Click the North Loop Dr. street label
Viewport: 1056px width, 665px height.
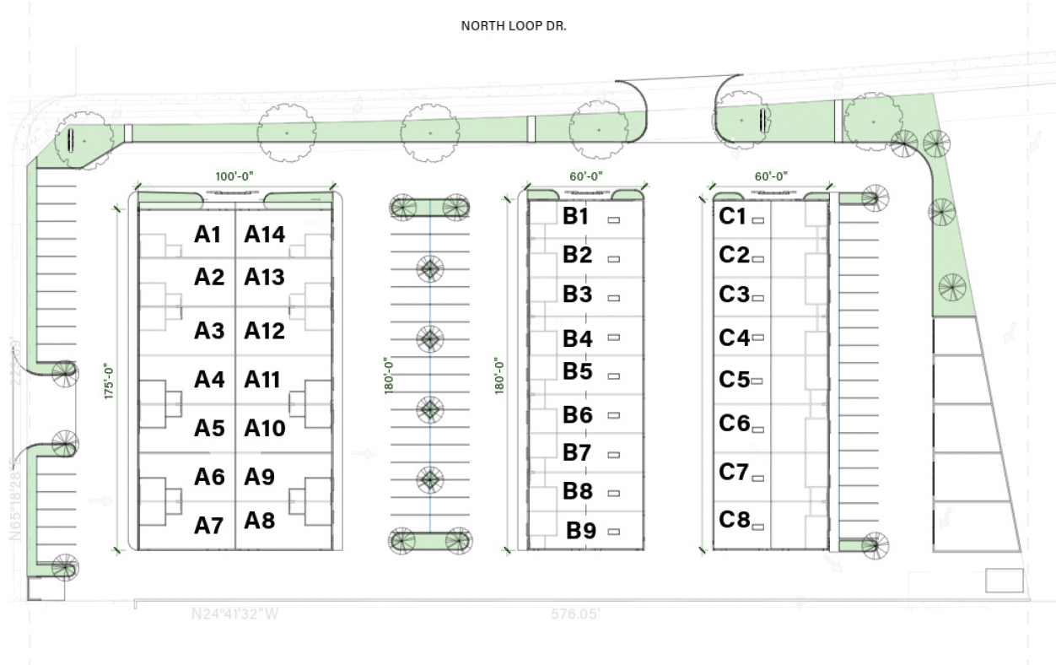point(514,26)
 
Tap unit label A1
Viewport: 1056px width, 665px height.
point(207,235)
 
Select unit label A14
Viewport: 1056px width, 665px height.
point(265,235)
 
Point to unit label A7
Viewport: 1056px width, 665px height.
point(208,526)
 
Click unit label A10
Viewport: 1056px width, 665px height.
point(265,428)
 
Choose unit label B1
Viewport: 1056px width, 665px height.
point(576,216)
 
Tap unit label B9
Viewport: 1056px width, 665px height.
point(581,531)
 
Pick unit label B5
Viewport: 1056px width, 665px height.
point(578,371)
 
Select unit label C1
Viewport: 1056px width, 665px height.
point(733,217)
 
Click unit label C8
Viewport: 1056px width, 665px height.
point(734,520)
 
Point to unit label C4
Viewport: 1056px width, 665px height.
point(734,338)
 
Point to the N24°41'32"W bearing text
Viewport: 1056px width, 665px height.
point(234,614)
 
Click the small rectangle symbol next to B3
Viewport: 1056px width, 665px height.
point(613,298)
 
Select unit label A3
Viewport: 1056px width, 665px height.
point(208,331)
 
